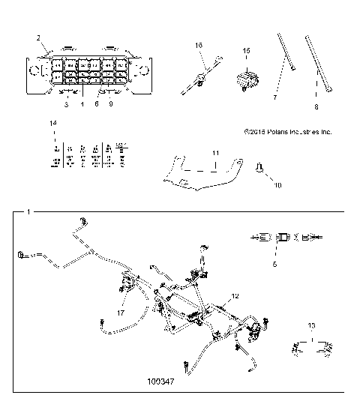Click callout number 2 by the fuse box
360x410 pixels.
click(38, 37)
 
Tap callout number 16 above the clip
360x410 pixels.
click(199, 46)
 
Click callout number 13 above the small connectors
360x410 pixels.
click(311, 326)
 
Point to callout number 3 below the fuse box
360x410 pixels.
click(65, 105)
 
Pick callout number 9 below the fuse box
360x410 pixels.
click(111, 105)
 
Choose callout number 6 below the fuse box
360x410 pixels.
click(96, 105)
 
